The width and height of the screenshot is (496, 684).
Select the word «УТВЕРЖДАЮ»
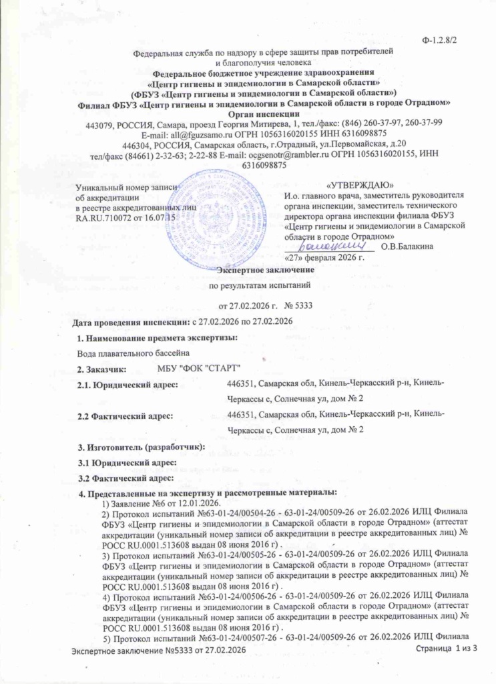coord(359,184)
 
